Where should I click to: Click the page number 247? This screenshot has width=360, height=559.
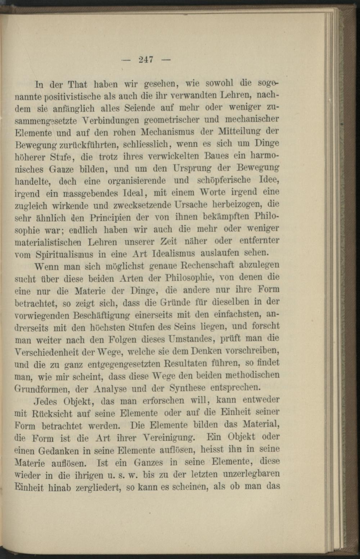[x=146, y=59]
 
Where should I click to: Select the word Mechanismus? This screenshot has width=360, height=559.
[x=168, y=132]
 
